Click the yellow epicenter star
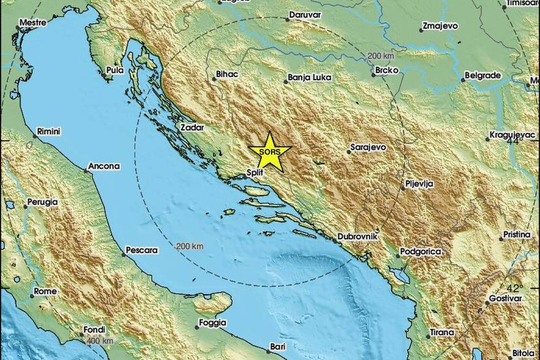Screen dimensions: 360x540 click(x=270, y=152)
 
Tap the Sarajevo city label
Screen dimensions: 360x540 click(x=368, y=148)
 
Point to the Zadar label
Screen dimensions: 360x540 click(x=192, y=128)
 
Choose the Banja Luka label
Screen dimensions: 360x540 click(x=310, y=78)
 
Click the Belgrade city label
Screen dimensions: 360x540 click(x=483, y=75)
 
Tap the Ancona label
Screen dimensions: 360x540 click(x=104, y=166)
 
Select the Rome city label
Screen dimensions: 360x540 click(x=45, y=291)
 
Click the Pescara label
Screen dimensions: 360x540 click(x=141, y=250)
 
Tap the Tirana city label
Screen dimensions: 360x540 click(x=441, y=332)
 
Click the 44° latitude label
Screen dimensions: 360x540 click(x=514, y=140)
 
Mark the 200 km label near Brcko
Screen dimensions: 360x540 click(x=380, y=56)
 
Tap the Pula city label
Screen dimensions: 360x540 click(x=115, y=70)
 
